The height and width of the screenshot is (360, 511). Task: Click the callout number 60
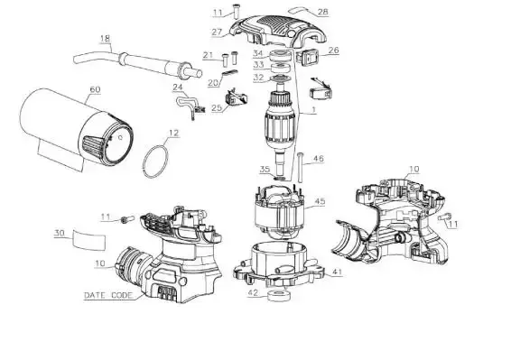coord(95,89)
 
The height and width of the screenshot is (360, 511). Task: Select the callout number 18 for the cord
coord(105,39)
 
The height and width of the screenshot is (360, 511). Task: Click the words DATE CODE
coord(108,296)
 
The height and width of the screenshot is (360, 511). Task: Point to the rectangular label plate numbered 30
coord(89,239)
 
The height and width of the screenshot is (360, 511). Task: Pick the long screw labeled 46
coord(300,167)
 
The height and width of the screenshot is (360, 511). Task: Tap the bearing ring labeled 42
coord(279,295)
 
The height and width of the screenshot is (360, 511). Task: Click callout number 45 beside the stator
coord(320,201)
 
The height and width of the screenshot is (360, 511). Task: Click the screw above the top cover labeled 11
coord(236,11)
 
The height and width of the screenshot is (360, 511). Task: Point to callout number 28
coord(323,12)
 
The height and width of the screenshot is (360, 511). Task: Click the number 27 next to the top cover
coord(217,32)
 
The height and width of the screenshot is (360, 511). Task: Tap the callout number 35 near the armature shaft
coord(265,170)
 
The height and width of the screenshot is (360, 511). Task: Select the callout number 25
coord(217,108)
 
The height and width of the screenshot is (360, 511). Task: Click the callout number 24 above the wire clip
coord(178,88)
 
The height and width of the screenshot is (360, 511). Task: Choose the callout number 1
coord(313,110)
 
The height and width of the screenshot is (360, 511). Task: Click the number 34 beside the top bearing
coord(258,53)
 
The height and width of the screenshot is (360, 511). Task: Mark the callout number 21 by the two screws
coord(208,55)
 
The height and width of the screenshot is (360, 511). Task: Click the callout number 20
coord(213,83)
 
